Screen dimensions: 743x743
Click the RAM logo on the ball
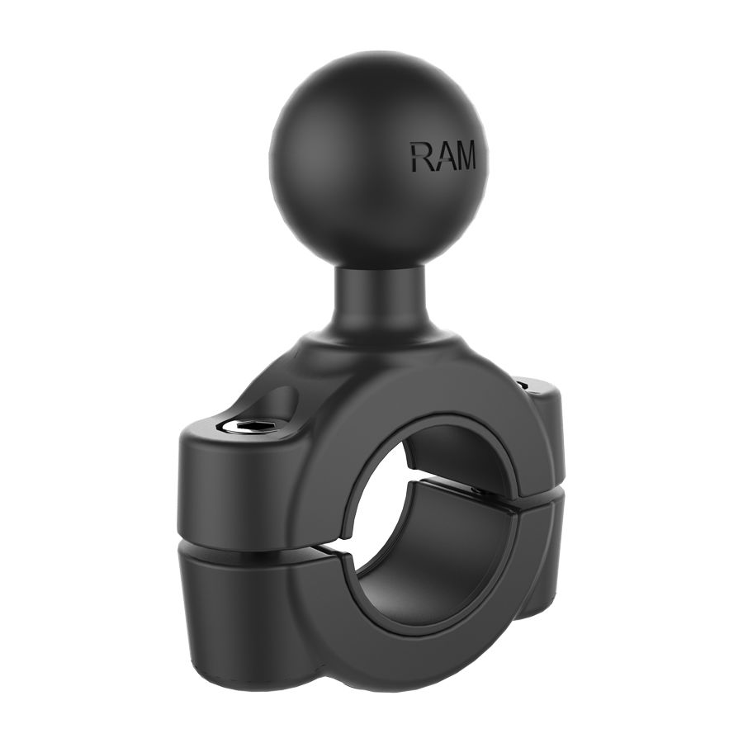[443, 155]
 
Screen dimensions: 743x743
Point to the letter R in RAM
[419, 156]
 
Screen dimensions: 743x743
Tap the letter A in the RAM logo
[439, 156]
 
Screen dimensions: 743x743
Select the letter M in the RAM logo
[463, 155]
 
